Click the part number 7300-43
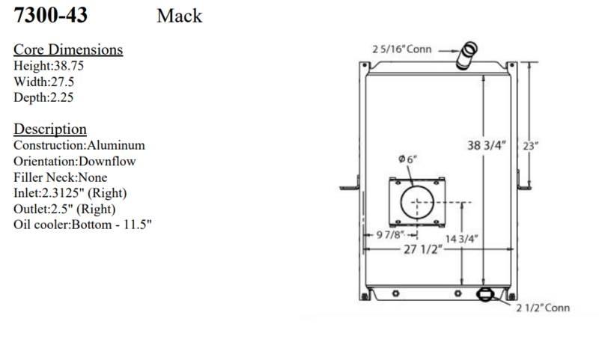point(50,15)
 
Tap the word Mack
point(179,16)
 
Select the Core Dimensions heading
point(68,49)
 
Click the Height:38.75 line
point(49,66)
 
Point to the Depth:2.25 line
point(43,97)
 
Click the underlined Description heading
point(50,129)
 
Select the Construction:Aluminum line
point(79,145)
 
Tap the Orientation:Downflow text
point(74,161)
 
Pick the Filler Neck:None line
point(61,177)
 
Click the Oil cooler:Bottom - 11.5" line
point(82,225)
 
